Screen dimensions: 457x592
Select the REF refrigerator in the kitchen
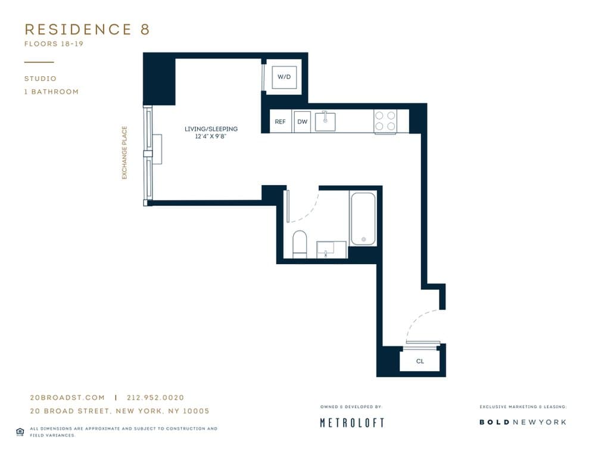pyautogui.click(x=280, y=121)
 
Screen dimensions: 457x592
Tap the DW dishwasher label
pyautogui.click(x=302, y=121)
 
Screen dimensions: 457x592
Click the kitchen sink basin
pyautogui.click(x=325, y=121)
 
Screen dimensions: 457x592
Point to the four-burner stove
pyautogui.click(x=385, y=121)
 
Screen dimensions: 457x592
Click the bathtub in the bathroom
pyautogui.click(x=363, y=218)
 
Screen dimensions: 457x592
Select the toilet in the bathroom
pyautogui.click(x=300, y=244)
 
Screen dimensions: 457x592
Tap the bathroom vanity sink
pyautogui.click(x=331, y=250)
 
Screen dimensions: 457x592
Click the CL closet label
pyautogui.click(x=420, y=361)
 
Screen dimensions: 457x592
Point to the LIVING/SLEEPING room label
pyautogui.click(x=211, y=129)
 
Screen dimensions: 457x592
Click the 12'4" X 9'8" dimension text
pyautogui.click(x=211, y=137)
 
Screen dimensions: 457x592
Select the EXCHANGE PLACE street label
pyautogui.click(x=125, y=153)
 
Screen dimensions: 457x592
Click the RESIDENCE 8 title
pyautogui.click(x=87, y=30)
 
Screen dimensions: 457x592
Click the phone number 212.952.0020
pyautogui.click(x=155, y=397)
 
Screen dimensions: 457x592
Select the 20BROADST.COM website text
pyautogui.click(x=67, y=397)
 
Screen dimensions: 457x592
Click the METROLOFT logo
pyautogui.click(x=352, y=422)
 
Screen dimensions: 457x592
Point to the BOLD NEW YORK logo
pyautogui.click(x=522, y=422)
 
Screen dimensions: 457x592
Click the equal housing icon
pyautogui.click(x=20, y=431)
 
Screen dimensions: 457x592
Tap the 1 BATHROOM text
pyautogui.click(x=51, y=92)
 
